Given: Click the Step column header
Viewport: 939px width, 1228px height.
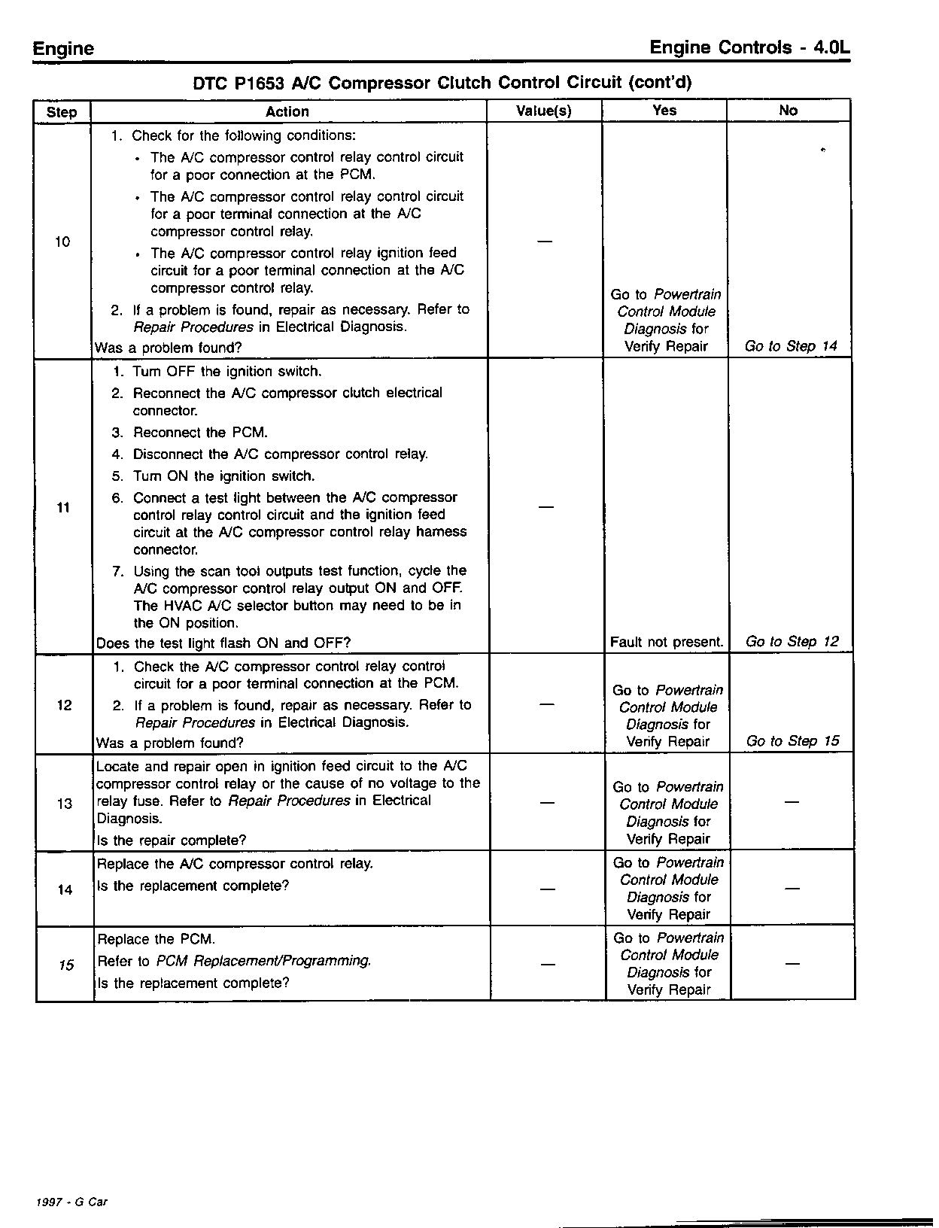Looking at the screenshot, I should [62, 112].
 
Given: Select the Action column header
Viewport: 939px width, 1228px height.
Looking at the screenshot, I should [287, 111].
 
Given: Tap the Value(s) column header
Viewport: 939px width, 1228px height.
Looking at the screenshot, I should [543, 111].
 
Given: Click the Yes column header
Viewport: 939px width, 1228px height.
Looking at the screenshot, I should [664, 111].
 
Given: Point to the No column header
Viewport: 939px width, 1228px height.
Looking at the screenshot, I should [788, 111].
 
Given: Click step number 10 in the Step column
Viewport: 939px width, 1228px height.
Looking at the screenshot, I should [62, 242].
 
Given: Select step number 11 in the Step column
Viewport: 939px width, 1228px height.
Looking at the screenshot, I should [63, 508].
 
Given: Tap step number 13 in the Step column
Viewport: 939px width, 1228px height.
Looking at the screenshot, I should [65, 804].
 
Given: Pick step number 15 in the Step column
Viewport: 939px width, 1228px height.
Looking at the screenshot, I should [66, 965].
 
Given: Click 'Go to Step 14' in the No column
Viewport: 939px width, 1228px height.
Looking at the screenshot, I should [791, 346].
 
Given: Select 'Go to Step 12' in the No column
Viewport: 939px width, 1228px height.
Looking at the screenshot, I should [792, 642].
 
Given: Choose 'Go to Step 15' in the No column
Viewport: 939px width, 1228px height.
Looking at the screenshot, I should [792, 741].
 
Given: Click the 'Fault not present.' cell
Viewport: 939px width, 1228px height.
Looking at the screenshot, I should [667, 643].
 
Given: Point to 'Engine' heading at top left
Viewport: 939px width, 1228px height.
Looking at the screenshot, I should [63, 49].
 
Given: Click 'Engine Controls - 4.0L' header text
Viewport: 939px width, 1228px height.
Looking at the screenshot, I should [750, 48].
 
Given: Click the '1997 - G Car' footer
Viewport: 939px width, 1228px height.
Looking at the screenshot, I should [71, 1202].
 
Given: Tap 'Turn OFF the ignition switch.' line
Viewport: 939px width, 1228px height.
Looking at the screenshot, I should [227, 372].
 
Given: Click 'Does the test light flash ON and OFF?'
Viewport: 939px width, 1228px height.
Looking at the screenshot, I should [223, 643].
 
